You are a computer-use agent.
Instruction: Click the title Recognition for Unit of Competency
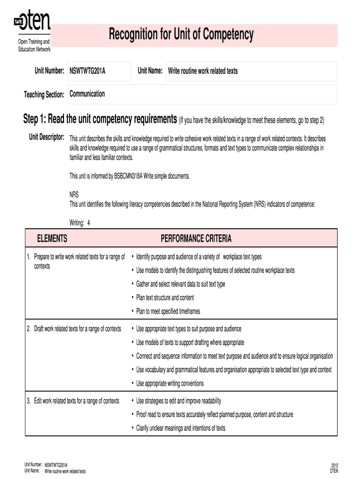point(181,35)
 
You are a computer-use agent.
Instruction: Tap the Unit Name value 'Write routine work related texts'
point(203,71)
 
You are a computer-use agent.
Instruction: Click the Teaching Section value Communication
point(87,94)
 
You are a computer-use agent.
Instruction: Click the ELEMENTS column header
point(52,239)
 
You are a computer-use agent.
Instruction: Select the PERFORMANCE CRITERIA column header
point(196,239)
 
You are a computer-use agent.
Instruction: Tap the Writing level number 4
point(88,223)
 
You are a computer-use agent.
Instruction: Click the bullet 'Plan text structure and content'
point(165,298)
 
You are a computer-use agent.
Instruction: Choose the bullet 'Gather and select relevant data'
point(180,284)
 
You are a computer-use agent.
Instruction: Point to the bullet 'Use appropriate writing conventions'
point(170,384)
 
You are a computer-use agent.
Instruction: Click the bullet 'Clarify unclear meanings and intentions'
point(180,428)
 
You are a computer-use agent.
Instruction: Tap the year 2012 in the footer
point(334,465)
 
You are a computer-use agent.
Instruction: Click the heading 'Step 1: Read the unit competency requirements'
point(100,120)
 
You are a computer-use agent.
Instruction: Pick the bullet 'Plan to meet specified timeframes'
point(168,311)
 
